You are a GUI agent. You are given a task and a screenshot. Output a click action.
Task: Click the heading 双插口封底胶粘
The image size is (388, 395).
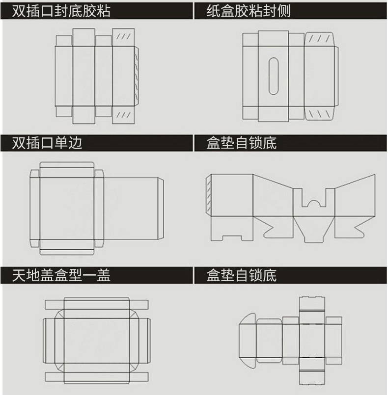click(61, 10)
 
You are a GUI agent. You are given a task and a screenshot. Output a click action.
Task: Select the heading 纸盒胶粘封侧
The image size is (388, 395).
click(249, 10)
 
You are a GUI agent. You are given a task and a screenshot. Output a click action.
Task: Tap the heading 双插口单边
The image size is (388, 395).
click(47, 143)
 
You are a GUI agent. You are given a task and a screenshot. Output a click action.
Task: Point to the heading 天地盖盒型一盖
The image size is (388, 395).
click(61, 275)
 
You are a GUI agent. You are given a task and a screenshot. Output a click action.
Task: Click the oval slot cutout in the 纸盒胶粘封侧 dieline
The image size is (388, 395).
click(274, 76)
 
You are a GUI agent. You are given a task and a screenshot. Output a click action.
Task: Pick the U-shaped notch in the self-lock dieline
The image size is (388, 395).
click(314, 201)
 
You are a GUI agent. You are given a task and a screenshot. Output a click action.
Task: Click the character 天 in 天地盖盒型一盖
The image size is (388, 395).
click(20, 275)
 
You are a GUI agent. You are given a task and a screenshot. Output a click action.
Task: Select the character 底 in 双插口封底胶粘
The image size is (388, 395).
click(75, 10)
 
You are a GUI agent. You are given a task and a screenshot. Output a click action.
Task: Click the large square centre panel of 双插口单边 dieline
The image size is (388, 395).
click(67, 208)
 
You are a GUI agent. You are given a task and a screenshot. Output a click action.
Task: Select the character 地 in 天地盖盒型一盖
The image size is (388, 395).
click(33, 275)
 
